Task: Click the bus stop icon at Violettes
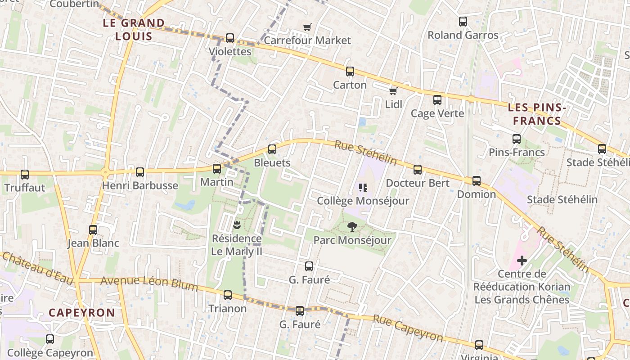tap(230, 38)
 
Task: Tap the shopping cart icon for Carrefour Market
tap(307, 27)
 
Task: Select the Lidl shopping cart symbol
tap(393, 91)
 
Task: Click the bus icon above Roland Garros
tap(463, 21)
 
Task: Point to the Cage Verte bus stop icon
tap(437, 100)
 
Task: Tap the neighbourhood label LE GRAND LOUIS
tap(134, 29)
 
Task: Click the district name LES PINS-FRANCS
tap(537, 114)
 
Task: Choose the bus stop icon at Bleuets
tap(272, 149)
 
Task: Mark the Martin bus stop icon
tap(217, 169)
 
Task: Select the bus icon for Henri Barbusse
tap(140, 172)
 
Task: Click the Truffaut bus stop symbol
tap(25, 174)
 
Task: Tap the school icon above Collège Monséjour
tap(363, 187)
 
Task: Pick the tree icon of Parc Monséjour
tap(352, 227)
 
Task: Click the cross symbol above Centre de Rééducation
tap(522, 261)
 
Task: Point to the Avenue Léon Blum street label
tap(149, 283)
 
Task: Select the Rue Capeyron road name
tap(408, 328)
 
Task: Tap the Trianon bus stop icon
tap(228, 295)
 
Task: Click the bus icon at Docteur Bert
tap(418, 170)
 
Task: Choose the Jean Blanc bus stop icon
tap(93, 230)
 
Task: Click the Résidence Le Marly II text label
tap(237, 245)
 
